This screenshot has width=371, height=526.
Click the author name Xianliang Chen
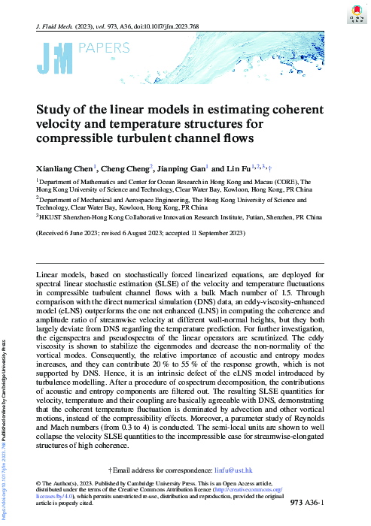(x=63, y=168)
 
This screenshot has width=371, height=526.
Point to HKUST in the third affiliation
(x=53, y=217)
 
